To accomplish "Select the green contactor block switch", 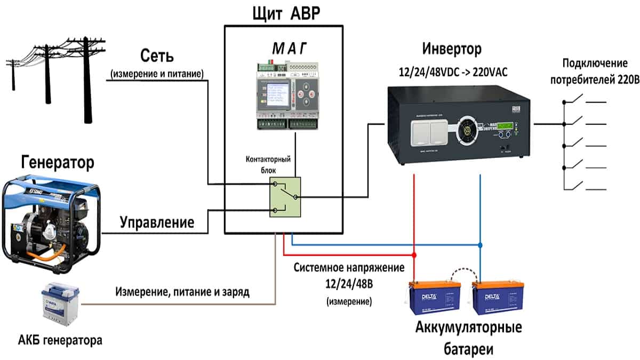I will point(285,197).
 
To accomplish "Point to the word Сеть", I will point(157,55).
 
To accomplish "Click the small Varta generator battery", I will point(61,305).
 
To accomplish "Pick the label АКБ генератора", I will point(59,339).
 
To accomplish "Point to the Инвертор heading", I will point(452,49).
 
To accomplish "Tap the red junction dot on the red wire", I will point(414,254).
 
